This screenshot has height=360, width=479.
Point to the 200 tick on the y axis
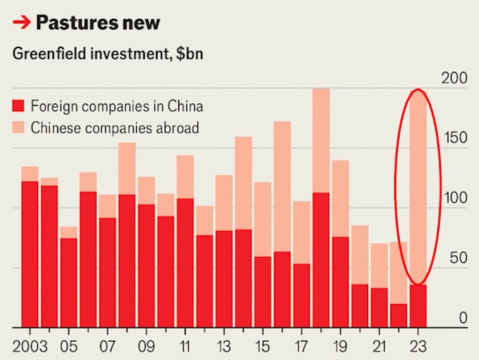(x=455, y=79)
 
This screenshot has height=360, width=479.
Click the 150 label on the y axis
(x=455, y=138)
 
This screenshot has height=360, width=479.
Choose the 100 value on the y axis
(x=455, y=198)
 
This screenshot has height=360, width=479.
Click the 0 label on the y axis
(x=463, y=318)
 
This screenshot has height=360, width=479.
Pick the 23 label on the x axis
(x=418, y=346)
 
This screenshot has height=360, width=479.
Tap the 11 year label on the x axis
(x=185, y=346)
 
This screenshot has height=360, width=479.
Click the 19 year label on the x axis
(x=340, y=346)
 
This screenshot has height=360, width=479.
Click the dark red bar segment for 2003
(x=30, y=254)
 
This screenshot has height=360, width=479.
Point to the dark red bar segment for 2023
(x=418, y=306)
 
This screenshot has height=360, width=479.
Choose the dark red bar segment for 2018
(x=321, y=260)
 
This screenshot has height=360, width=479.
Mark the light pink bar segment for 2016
(x=282, y=186)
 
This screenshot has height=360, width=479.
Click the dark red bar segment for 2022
(x=399, y=315)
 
